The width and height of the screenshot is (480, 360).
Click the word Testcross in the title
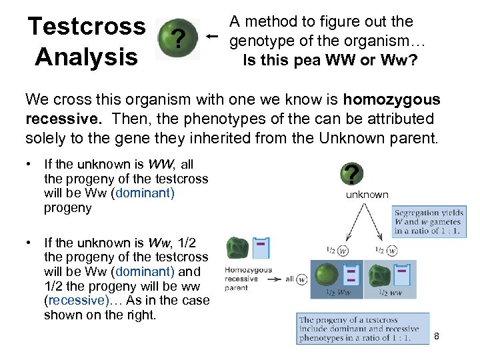[x=86, y=27]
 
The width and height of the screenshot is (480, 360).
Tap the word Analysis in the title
[x=86, y=56]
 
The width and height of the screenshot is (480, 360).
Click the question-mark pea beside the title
[x=177, y=39]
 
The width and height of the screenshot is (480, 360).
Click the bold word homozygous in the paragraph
[x=391, y=100]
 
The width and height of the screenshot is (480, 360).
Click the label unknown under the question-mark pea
[x=367, y=195]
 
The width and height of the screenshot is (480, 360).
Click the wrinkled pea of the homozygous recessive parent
[x=237, y=248]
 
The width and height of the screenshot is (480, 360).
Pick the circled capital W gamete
[x=343, y=251]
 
